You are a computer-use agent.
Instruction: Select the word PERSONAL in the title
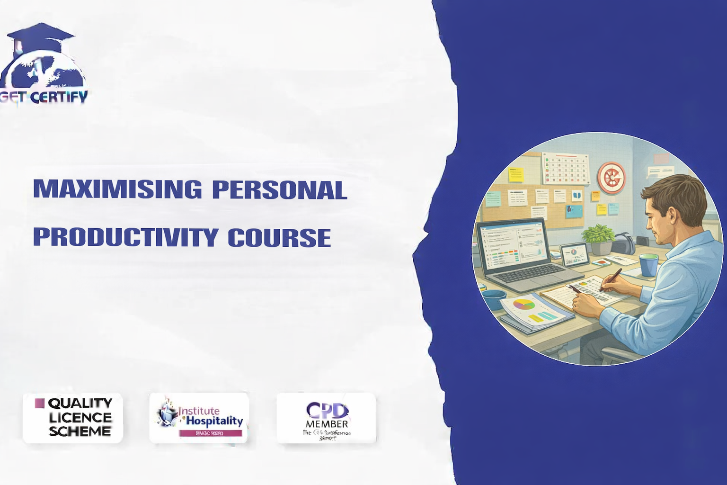coord(279,189)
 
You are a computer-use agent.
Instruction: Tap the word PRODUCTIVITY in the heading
coord(125,237)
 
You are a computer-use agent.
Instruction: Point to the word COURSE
coord(279,237)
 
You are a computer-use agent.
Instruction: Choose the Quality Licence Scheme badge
coord(73,417)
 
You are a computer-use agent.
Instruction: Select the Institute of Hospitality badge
coord(199,417)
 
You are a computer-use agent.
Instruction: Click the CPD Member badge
coord(326,417)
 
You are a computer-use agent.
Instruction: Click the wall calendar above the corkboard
coord(565,169)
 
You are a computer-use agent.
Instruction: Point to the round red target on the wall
coord(611,177)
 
